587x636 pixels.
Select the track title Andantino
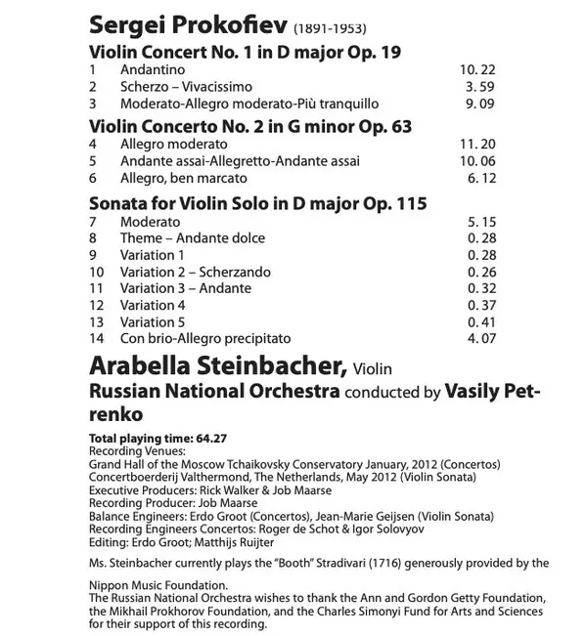click(153, 70)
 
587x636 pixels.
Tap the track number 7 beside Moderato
click(93, 222)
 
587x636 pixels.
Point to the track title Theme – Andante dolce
click(193, 238)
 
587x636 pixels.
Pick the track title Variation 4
click(152, 305)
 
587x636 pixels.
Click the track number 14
click(96, 338)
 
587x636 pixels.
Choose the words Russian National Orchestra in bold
click(214, 392)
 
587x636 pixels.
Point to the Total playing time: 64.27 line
click(157, 438)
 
